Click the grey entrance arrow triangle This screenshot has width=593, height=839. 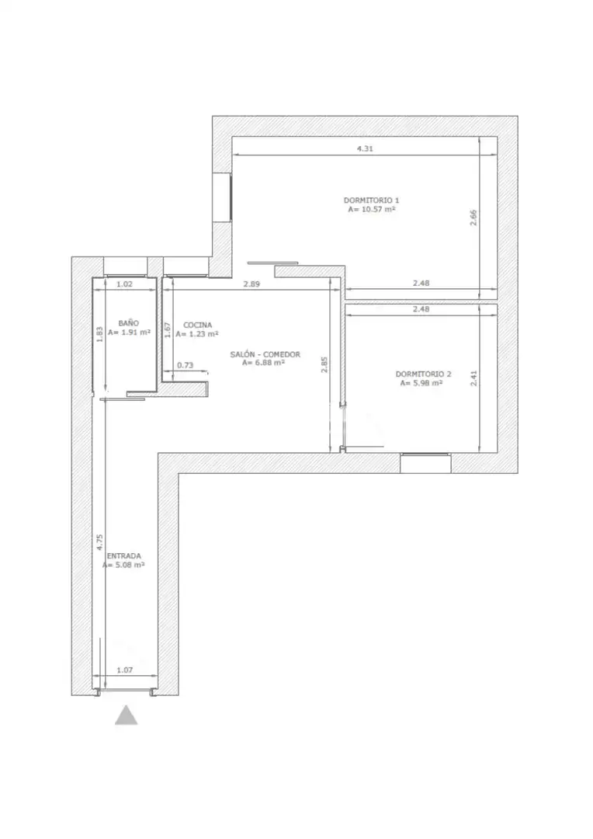coord(127,716)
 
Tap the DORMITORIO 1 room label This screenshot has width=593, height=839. coord(371,200)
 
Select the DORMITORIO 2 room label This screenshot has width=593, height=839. coord(424,374)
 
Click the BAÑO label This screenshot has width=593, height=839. coord(129,323)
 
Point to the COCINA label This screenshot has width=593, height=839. coord(197,325)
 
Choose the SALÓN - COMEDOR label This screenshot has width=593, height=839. coord(265,354)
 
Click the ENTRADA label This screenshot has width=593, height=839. coord(124,556)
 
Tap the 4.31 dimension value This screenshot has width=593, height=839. coord(365,148)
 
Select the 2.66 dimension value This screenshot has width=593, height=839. coord(473,218)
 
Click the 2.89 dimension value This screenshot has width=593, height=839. coord(251,284)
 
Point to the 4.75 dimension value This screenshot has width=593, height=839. coord(99,542)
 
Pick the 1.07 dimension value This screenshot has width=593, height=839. coord(125,670)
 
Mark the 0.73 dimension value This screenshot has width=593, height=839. coord(185,365)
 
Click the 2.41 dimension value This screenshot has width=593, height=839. coord(473,378)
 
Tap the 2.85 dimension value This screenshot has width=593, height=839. coord(324,364)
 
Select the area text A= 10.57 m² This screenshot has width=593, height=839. coord(372,209)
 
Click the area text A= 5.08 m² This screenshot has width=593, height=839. coord(124,565)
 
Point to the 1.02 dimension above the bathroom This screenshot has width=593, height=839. coord(125,284)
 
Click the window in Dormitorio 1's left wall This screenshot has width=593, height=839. coord(222,197)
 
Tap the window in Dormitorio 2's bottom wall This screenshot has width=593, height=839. coord(425,463)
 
